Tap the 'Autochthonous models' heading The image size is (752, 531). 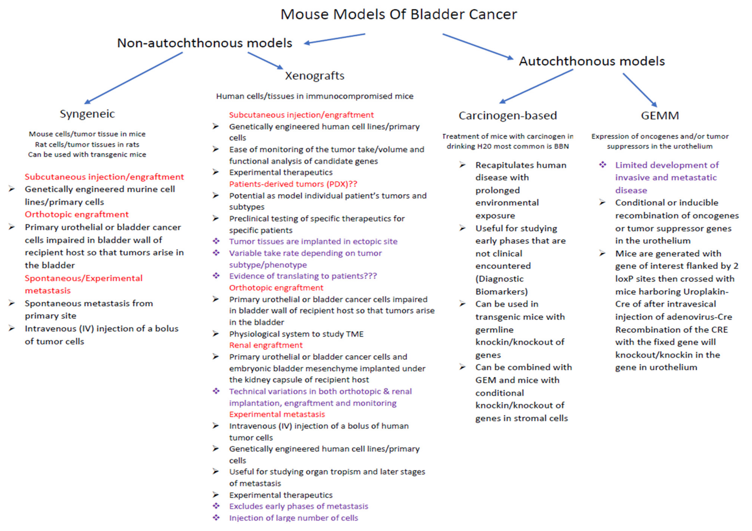pyautogui.click(x=591, y=61)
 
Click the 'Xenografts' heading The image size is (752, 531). pyautogui.click(x=314, y=76)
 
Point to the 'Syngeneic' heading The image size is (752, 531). pyautogui.click(x=87, y=114)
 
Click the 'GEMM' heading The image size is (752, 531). pyautogui.click(x=660, y=115)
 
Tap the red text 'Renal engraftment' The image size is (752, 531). pyautogui.click(x=266, y=345)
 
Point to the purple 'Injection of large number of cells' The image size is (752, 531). pyautogui.click(x=294, y=518)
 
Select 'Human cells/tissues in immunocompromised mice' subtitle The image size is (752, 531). pyautogui.click(x=314, y=96)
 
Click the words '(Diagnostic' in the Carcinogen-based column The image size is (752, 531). pyautogui.click(x=499, y=279)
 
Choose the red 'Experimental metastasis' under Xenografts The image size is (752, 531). pyautogui.click(x=277, y=414)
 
